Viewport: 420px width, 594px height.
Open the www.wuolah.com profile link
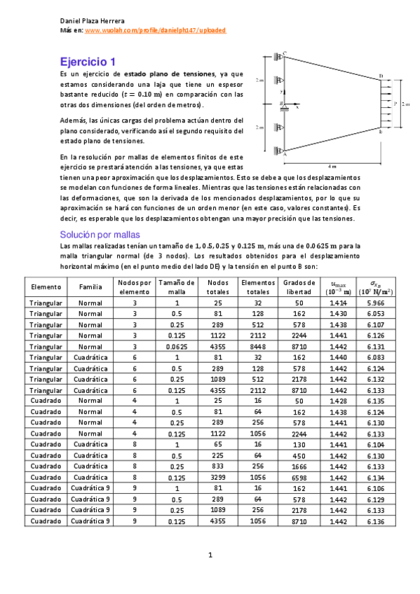pyautogui.click(x=155, y=31)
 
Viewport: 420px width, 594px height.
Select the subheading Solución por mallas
pyautogui.click(x=100, y=234)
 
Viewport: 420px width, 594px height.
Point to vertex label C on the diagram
pyautogui.click(x=285, y=55)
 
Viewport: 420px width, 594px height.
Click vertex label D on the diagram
pyautogui.click(x=381, y=76)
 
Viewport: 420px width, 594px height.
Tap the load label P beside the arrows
pyautogui.click(x=395, y=104)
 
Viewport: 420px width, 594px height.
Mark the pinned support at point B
pyautogui.click(x=283, y=105)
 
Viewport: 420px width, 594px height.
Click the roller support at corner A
pyautogui.click(x=280, y=150)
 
